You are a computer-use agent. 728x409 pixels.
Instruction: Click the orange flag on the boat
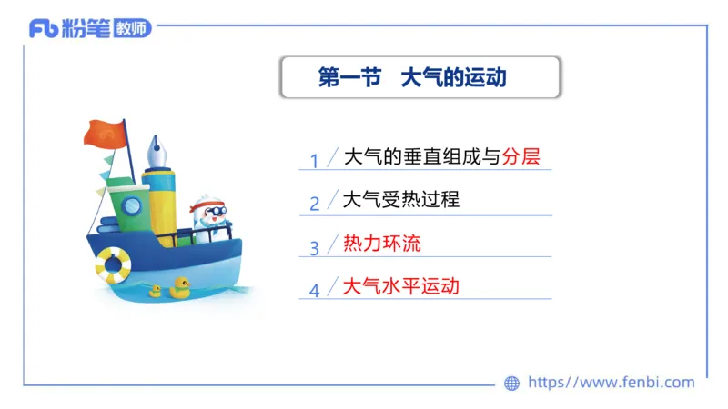pyautogui.click(x=104, y=133)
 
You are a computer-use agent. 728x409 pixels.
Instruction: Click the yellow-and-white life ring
pyautogui.click(x=113, y=264)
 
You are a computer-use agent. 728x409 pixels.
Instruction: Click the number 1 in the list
pyautogui.click(x=314, y=161)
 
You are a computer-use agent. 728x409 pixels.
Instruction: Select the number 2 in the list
pyautogui.click(x=314, y=204)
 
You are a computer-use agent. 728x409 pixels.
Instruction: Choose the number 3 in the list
pyautogui.click(x=314, y=247)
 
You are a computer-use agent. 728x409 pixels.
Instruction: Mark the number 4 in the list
pyautogui.click(x=314, y=291)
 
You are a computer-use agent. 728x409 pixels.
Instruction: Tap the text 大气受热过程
pyautogui.click(x=400, y=199)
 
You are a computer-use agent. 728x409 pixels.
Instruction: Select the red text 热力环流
pyautogui.click(x=381, y=243)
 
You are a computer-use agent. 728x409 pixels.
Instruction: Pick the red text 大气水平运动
pyautogui.click(x=400, y=286)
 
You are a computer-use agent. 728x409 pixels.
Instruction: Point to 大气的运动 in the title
pyautogui.click(x=453, y=78)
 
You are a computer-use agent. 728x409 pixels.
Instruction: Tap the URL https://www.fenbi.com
pyautogui.click(x=611, y=383)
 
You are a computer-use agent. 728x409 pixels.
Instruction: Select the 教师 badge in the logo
pyautogui.click(x=132, y=28)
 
